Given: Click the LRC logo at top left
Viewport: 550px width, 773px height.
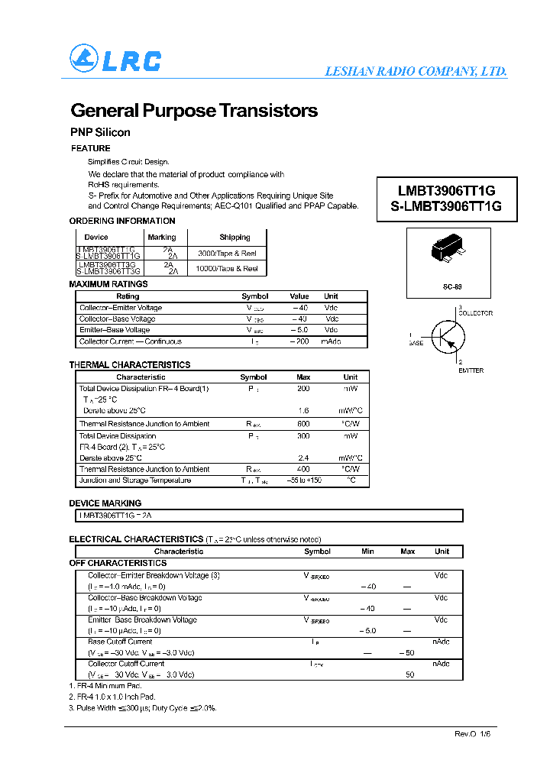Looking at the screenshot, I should [x=115, y=60].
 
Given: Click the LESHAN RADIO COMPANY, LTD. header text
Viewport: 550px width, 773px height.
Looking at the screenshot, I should [x=416, y=71].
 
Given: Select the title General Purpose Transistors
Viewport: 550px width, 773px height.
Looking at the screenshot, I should [x=194, y=111].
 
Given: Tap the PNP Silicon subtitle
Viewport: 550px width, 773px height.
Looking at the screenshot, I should [x=100, y=132].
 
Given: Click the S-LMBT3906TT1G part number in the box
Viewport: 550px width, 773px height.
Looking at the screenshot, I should [x=446, y=206].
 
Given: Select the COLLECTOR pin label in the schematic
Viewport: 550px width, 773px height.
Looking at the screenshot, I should [x=474, y=313].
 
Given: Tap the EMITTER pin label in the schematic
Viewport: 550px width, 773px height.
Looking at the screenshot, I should [x=471, y=370].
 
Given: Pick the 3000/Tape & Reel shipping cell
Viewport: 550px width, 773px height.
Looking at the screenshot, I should [x=227, y=253].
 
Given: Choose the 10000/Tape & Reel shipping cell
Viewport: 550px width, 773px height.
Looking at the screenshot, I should [x=227, y=269].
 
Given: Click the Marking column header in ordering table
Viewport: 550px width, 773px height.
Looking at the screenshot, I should [x=162, y=238].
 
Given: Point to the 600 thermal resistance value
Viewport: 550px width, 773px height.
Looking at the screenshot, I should [x=303, y=424].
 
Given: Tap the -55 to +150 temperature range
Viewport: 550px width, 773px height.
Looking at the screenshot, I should [x=303, y=480].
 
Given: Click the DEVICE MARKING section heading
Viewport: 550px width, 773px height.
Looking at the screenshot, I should [x=105, y=503].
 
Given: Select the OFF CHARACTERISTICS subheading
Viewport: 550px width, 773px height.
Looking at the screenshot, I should [x=118, y=563].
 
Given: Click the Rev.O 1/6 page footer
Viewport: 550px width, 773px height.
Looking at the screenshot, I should [x=473, y=733].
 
